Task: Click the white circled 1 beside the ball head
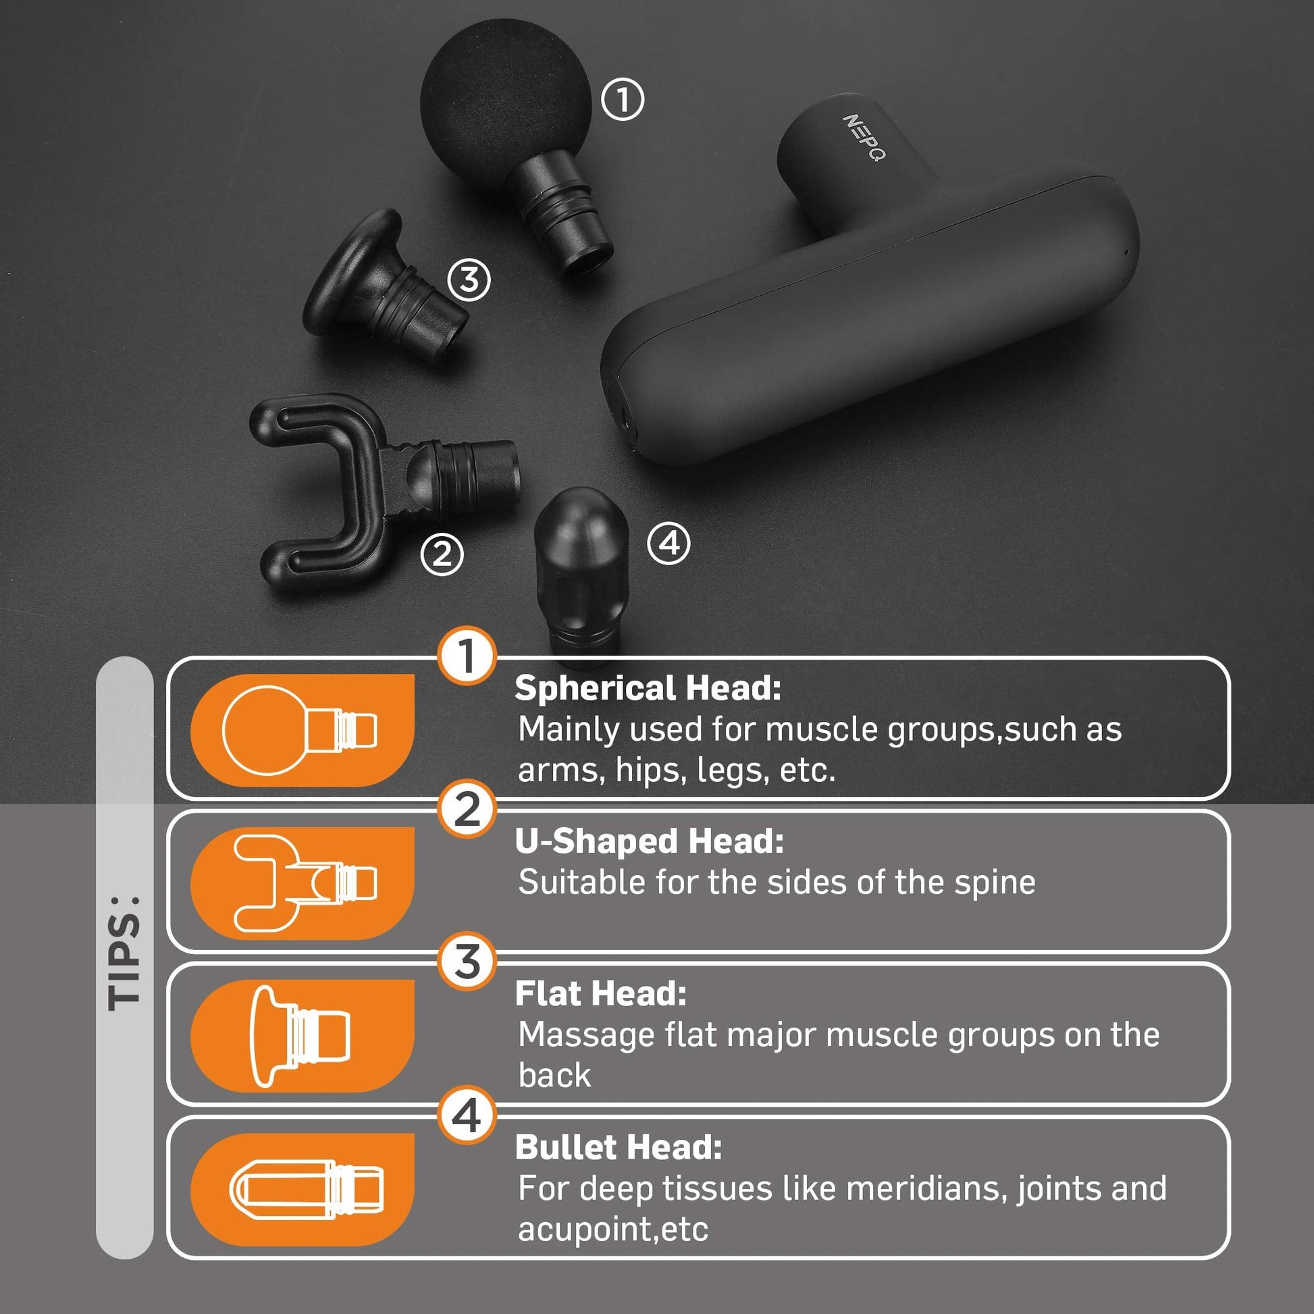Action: tap(623, 100)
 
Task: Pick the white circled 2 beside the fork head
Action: tap(442, 554)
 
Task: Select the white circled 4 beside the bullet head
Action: tap(669, 544)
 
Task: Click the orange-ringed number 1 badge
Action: tap(467, 656)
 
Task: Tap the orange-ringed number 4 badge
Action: tap(467, 1116)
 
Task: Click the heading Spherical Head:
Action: tap(648, 688)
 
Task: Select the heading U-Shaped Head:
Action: tap(650, 841)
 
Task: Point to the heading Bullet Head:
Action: tap(619, 1147)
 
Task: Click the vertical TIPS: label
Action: tap(124, 952)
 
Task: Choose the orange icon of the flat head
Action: tap(302, 1036)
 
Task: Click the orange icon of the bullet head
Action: tap(302, 1190)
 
